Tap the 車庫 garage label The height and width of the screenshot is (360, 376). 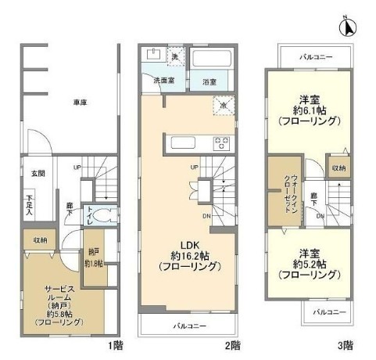[x=78, y=102]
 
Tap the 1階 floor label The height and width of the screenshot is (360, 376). [x=114, y=344]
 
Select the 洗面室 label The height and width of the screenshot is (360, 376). [x=162, y=81]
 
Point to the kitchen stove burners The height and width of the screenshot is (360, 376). [x=222, y=142]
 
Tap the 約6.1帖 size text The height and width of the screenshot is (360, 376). [x=307, y=110]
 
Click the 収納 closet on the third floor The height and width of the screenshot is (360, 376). [x=339, y=167]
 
